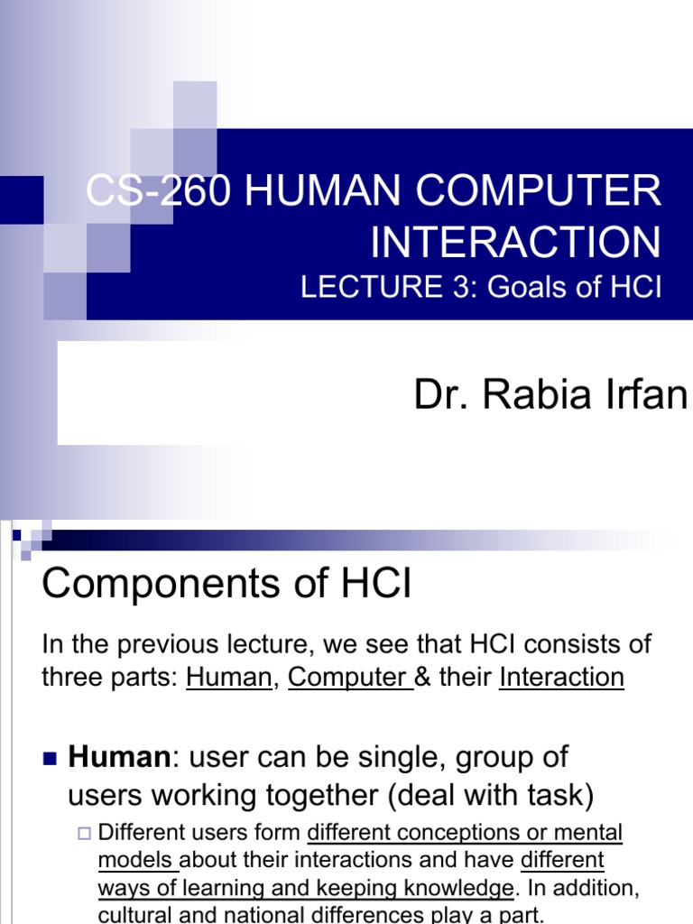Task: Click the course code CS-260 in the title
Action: [x=158, y=193]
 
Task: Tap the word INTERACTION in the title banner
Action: [x=515, y=242]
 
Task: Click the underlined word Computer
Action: [x=346, y=678]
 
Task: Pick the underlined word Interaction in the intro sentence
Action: [x=561, y=678]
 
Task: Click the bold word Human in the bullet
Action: [x=118, y=757]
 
